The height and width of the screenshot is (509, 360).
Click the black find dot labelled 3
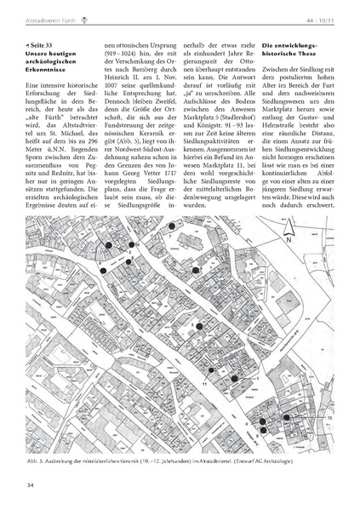click(x=198, y=325)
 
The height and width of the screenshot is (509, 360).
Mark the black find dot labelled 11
click(x=211, y=370)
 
